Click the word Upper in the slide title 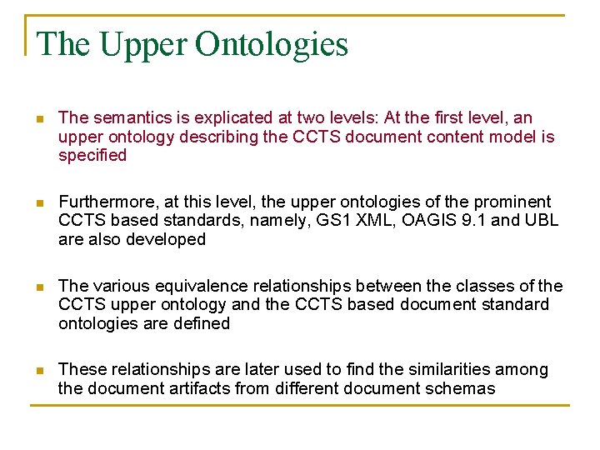pos(147,44)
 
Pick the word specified pos(92,156)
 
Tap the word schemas pos(464,388)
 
